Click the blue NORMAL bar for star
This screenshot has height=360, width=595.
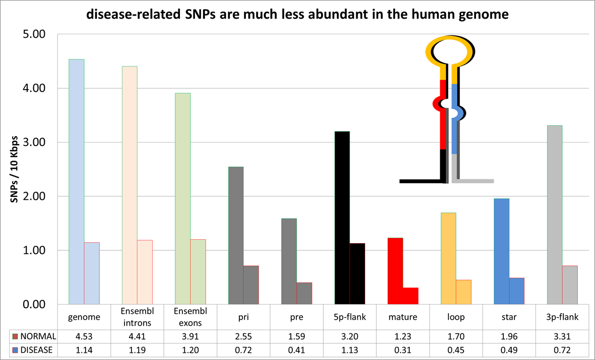click(501, 251)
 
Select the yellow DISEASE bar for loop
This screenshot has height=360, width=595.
click(464, 292)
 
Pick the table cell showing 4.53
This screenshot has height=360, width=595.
click(84, 336)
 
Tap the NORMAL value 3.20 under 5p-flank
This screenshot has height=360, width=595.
click(350, 336)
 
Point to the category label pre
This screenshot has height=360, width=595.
click(296, 318)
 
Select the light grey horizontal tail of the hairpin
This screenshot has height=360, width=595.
click(474, 181)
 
